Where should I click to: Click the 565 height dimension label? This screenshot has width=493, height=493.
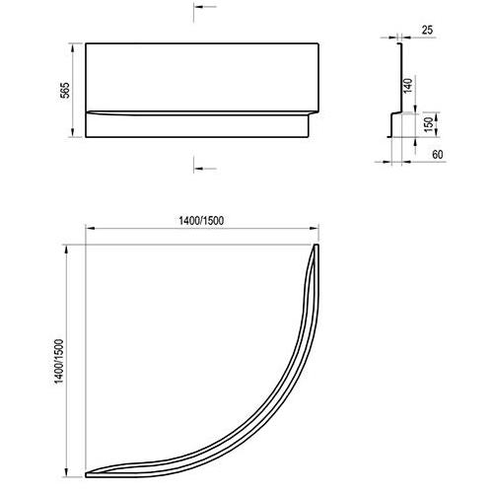66,90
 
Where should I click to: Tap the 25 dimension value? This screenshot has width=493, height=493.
427,31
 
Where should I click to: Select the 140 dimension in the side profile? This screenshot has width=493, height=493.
407,86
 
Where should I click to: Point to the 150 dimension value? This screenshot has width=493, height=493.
429,124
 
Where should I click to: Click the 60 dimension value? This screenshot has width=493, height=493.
438,154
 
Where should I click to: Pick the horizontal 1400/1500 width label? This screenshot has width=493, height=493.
201,220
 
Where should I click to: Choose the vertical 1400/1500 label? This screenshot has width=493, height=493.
59,361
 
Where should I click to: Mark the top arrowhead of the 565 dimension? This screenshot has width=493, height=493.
73,47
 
